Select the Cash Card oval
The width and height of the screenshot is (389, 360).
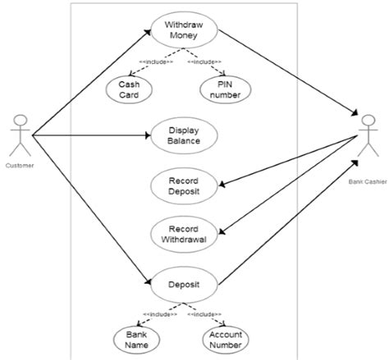(x=128, y=89)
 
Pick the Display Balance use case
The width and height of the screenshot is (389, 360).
(x=185, y=134)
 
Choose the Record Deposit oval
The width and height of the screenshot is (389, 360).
(x=185, y=185)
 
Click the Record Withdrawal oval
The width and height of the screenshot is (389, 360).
(x=185, y=234)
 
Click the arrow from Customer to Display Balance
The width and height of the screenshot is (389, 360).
(x=90, y=134)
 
